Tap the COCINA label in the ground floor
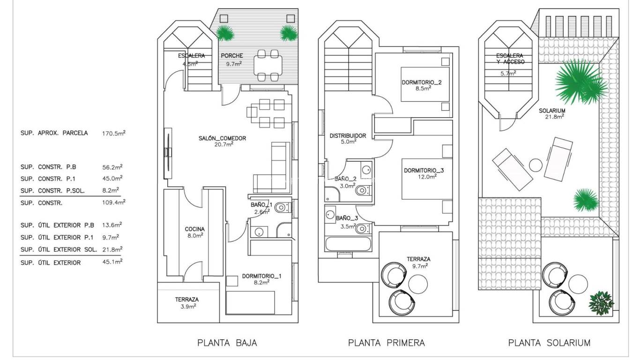[x=195, y=229]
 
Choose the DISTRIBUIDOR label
[x=348, y=136]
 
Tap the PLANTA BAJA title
[x=227, y=343]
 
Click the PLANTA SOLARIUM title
[x=549, y=343]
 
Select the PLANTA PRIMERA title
[x=387, y=343]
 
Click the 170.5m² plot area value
[x=113, y=133]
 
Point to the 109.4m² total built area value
[x=113, y=203]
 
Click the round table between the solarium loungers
[x=536, y=165]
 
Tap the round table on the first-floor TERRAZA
[x=418, y=283]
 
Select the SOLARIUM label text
[x=552, y=111]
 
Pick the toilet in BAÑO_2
[x=362, y=191]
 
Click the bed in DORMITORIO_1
[x=250, y=302]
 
